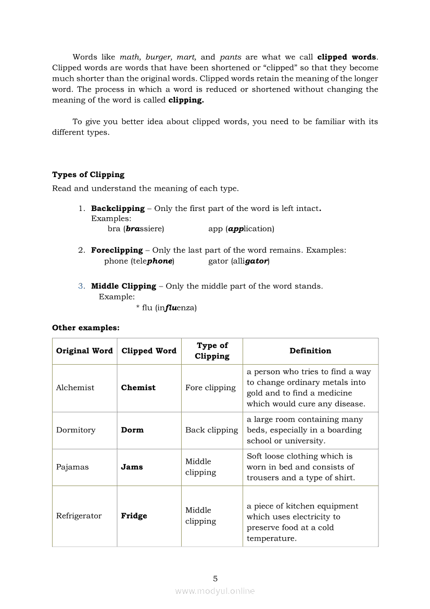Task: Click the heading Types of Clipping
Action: coord(88,175)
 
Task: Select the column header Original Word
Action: coord(84,351)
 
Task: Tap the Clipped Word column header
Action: coord(149,351)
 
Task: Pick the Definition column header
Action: coord(310,351)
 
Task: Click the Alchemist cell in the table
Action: coord(75,388)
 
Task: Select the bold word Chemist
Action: coord(138,388)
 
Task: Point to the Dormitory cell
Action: coord(76,430)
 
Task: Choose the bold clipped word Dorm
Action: coord(132,430)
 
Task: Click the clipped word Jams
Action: coord(132,467)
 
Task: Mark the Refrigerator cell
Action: coord(79,516)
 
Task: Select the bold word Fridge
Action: coord(134,516)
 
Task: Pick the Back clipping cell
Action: coord(211,430)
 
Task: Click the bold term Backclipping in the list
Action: coord(118,208)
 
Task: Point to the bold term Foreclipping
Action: coord(117,250)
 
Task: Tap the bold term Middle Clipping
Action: coord(123,286)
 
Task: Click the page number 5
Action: coord(215,578)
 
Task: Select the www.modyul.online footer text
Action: coord(215,591)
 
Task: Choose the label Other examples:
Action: coord(86,328)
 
